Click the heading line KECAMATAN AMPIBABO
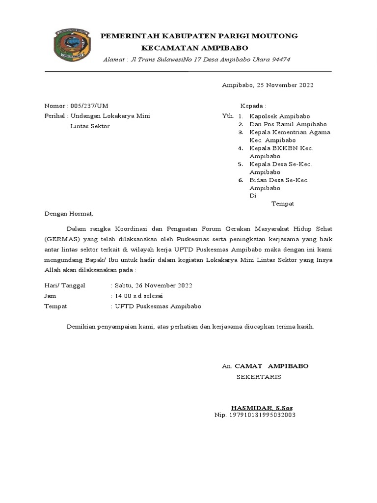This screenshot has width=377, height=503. click(194, 48)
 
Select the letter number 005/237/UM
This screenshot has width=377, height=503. click(89, 106)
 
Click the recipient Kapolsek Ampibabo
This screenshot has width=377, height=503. click(279, 116)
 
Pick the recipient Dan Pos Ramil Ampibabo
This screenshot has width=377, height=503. click(288, 124)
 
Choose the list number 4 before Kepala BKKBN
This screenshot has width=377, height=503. click(241, 148)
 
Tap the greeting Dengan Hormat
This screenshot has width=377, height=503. click(68, 214)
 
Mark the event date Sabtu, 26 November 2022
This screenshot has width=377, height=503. click(153, 285)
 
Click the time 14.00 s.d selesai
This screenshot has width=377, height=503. click(138, 296)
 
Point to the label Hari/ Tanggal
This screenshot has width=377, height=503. click(65, 285)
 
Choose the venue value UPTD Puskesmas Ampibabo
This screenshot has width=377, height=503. click(158, 306)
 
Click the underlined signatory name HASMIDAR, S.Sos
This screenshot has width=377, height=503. click(262, 408)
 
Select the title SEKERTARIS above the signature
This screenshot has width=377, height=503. click(259, 377)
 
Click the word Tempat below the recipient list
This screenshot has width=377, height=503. click(282, 203)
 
